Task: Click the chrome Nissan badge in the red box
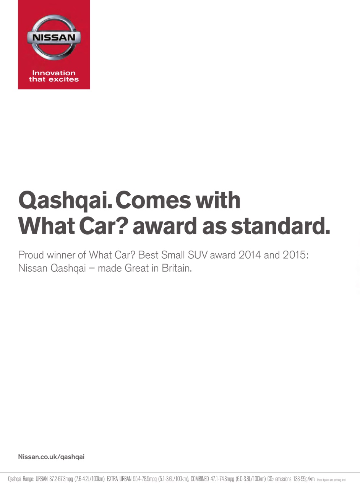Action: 54,37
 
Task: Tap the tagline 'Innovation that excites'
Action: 54,76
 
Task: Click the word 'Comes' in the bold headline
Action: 153,200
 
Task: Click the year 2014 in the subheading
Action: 250,255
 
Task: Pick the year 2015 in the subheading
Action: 295,255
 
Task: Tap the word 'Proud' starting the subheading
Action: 31,255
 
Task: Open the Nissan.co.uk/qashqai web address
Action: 51,457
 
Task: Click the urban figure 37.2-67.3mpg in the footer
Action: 61,479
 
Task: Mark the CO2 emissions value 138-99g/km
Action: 304,479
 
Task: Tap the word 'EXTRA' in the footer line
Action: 114,479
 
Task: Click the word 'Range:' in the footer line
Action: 28,479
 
